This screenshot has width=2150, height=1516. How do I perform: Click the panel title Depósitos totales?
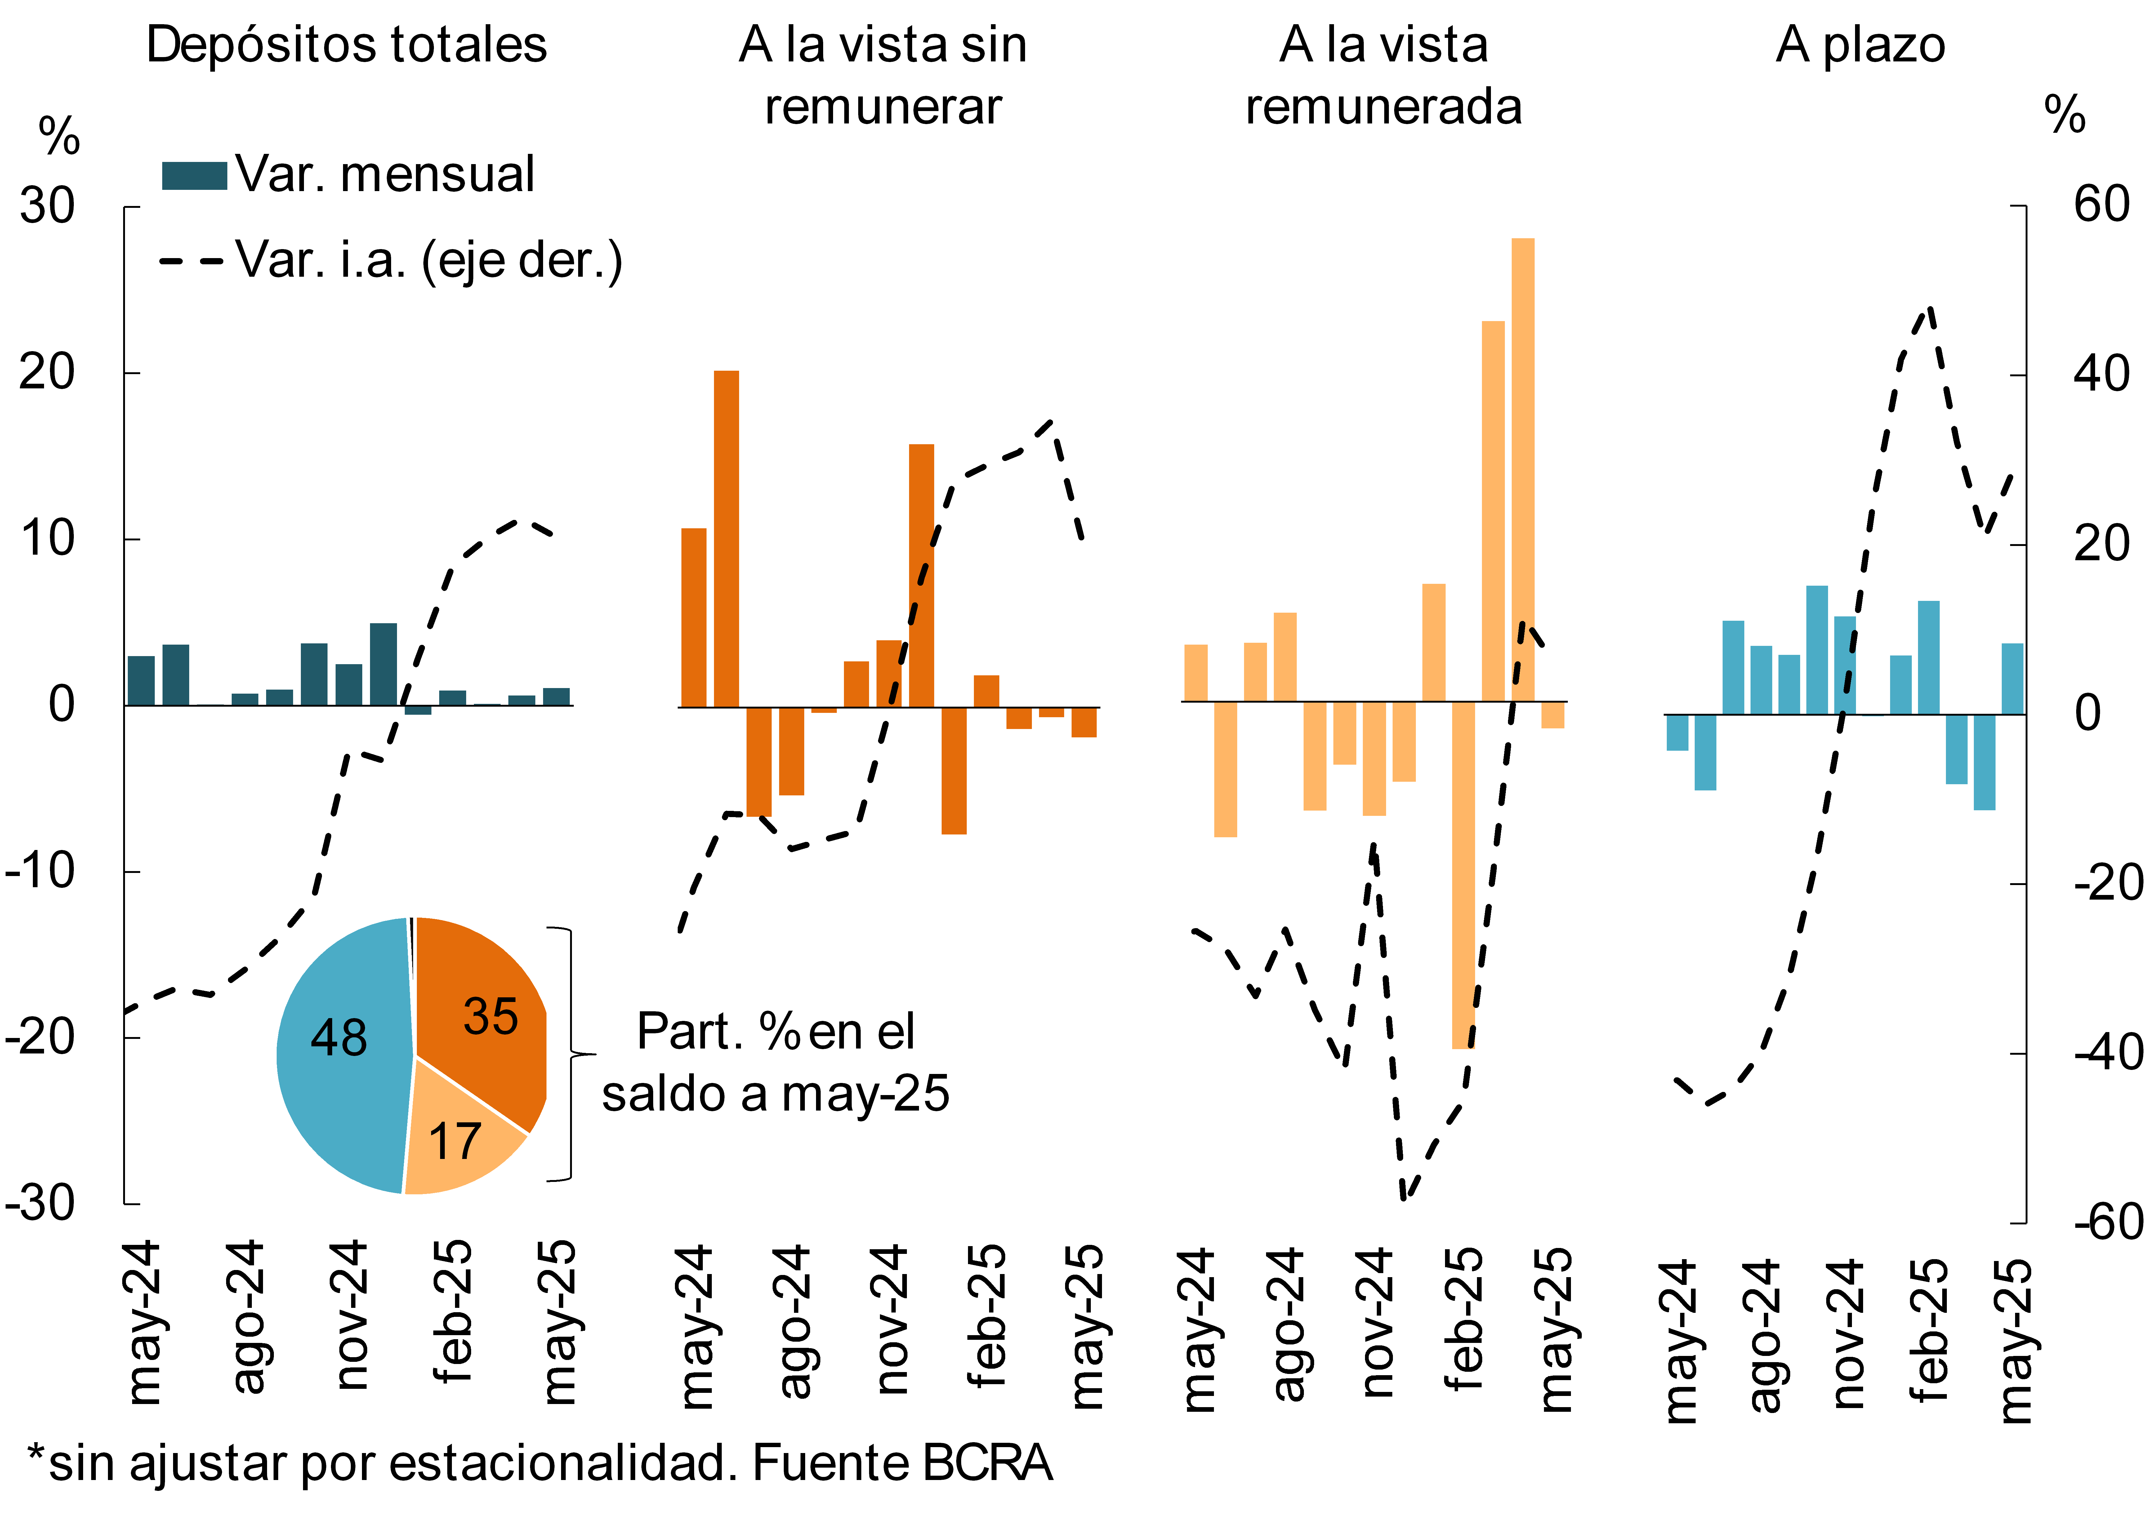(346, 45)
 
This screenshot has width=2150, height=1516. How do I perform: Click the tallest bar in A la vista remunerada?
(1523, 468)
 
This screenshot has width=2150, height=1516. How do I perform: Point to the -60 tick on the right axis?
(2107, 1222)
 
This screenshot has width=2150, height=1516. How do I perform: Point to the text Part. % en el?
(775, 1032)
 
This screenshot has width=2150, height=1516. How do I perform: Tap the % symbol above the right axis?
(2065, 115)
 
